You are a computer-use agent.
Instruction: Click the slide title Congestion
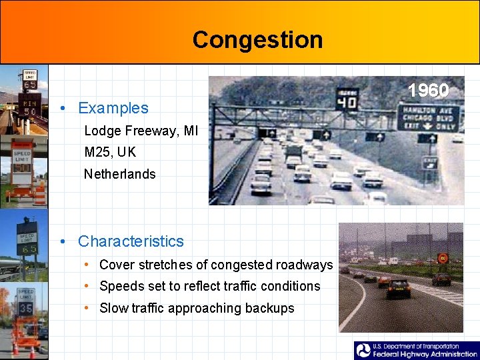coord(257,40)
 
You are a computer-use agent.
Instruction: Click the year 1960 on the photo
coord(428,91)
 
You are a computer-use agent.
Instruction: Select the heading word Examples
coord(113,108)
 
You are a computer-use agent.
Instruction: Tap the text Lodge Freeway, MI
coord(141,131)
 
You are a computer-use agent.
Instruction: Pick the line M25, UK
coord(110,152)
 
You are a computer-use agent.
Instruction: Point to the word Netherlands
coord(119,174)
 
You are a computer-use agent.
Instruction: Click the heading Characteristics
coord(131,241)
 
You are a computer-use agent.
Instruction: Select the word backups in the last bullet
coord(269,308)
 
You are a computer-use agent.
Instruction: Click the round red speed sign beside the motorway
coord(442,258)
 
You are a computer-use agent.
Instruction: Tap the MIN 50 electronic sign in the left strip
coord(30,107)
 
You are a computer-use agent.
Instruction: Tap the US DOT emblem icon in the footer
coord(364,351)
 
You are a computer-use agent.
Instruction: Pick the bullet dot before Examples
coord(62,108)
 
